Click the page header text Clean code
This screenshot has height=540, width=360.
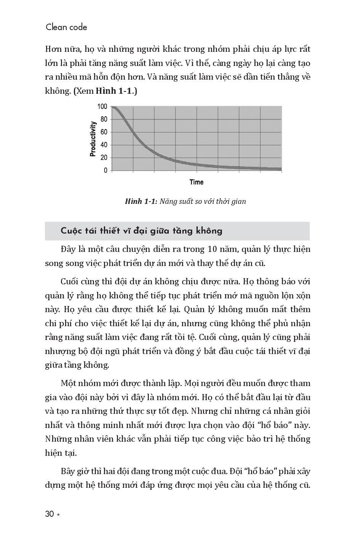pos(66,27)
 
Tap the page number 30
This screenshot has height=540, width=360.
pos(50,514)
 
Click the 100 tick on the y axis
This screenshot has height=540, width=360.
pos(102,106)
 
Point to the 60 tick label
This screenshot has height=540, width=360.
pos(104,132)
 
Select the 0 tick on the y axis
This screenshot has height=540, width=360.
pos(106,170)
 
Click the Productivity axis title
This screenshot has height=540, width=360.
pos(93,139)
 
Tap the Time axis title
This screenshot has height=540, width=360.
pos(197,182)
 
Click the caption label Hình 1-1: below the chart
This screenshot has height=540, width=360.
pos(141,201)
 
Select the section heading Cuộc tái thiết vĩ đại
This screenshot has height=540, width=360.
pos(141,231)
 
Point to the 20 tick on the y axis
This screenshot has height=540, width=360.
pos(104,158)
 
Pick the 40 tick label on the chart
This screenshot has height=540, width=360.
pos(104,145)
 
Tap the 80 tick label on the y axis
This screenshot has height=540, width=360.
pos(104,119)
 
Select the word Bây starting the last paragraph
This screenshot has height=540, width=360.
pos(69,471)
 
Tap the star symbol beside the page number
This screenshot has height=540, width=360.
pos(58,515)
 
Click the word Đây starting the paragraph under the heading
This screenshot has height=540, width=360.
pos(69,249)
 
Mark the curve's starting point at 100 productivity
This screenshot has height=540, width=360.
pos(113,107)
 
